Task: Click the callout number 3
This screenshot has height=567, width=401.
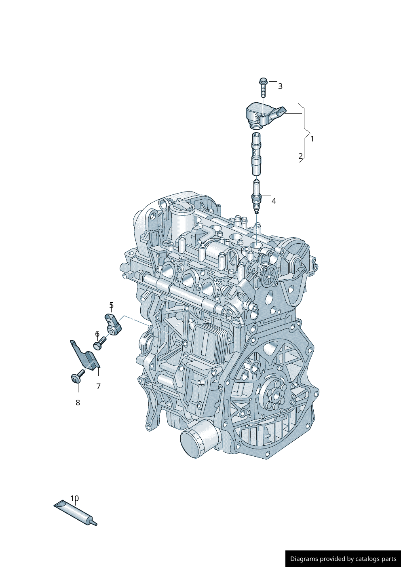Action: (280, 86)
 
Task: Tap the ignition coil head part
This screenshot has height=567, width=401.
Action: (266, 116)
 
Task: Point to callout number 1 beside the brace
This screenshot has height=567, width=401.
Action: (312, 139)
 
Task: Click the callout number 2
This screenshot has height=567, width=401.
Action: (300, 156)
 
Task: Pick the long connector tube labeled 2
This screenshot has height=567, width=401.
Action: (256, 154)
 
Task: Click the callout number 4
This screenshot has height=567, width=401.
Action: (274, 201)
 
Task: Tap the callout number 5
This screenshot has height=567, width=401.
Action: (112, 305)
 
